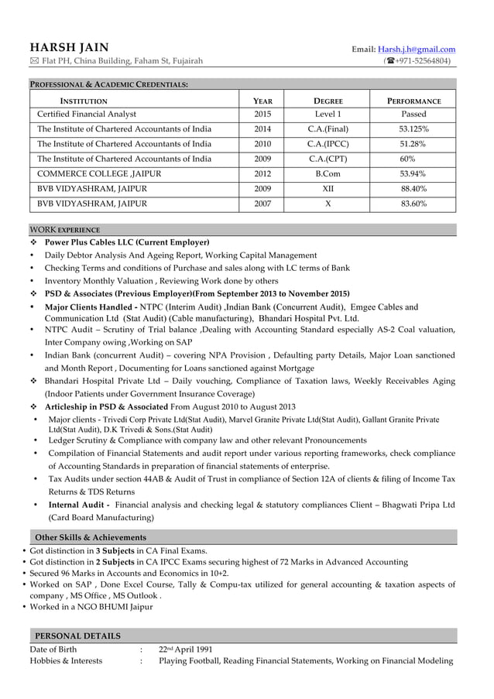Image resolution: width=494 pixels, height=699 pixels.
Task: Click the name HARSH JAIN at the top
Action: point(69,48)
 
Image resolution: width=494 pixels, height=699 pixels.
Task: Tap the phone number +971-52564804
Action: point(420,62)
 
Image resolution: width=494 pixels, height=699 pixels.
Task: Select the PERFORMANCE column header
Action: point(414,101)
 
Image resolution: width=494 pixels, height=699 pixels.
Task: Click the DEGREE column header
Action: point(328,101)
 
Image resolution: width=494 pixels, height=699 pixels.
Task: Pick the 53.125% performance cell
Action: point(413,129)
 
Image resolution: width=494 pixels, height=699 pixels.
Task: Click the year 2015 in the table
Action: point(262,114)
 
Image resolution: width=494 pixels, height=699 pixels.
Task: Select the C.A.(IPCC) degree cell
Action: point(328,144)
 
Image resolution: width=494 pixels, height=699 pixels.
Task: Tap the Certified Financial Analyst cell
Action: point(87,114)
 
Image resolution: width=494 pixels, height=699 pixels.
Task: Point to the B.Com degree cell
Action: point(328,174)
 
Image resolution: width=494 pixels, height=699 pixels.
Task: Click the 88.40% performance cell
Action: point(413,189)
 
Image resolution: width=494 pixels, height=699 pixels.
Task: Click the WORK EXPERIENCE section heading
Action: point(64,230)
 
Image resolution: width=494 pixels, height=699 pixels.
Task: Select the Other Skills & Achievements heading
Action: point(91,537)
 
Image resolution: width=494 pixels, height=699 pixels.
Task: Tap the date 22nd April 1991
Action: point(185,649)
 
